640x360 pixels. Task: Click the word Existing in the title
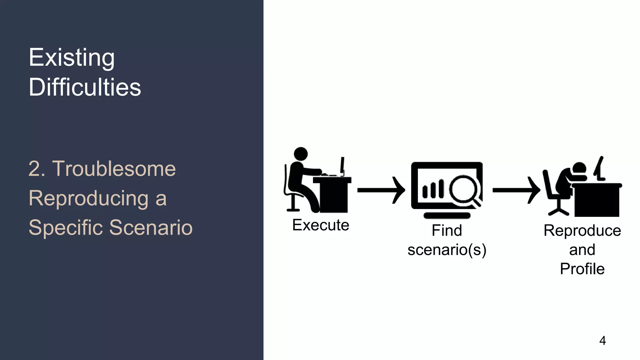tap(72, 58)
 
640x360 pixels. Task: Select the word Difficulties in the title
tap(85, 87)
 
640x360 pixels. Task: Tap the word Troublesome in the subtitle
tap(114, 169)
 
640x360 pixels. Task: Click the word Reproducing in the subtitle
tap(89, 198)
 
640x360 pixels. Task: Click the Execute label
tap(321, 225)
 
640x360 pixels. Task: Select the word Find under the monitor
tap(447, 231)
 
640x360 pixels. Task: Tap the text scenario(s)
tap(447, 250)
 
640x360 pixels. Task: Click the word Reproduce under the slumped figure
tap(582, 231)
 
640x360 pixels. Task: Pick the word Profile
tap(582, 269)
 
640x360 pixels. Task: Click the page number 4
tap(602, 341)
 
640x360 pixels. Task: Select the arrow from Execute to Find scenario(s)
tap(381, 190)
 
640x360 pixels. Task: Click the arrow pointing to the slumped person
tap(516, 190)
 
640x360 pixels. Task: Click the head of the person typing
tap(301, 154)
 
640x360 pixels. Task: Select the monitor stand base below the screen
tap(447, 215)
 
